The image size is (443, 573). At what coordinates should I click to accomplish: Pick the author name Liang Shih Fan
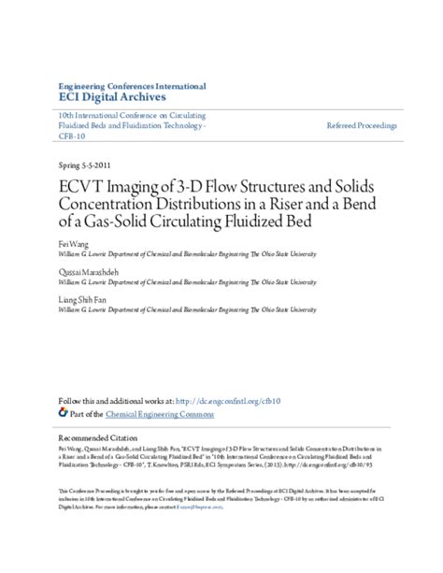pos(82,296)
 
